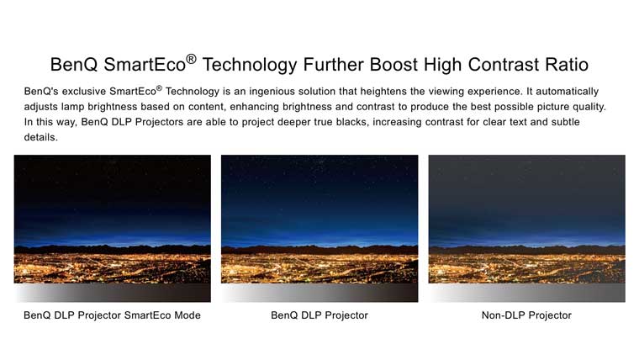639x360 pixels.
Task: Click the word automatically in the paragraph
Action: pos(567,92)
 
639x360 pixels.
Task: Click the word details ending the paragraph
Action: pos(40,137)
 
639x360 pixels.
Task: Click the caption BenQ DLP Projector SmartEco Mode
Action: pos(112,315)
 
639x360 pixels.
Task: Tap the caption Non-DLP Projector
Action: pos(526,315)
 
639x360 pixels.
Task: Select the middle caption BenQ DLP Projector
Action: pos(319,315)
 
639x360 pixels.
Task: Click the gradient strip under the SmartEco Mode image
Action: pos(113,293)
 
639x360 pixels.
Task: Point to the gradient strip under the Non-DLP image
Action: pos(527,293)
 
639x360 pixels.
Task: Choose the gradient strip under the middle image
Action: pos(319,293)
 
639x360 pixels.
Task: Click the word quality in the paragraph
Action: pos(589,107)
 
